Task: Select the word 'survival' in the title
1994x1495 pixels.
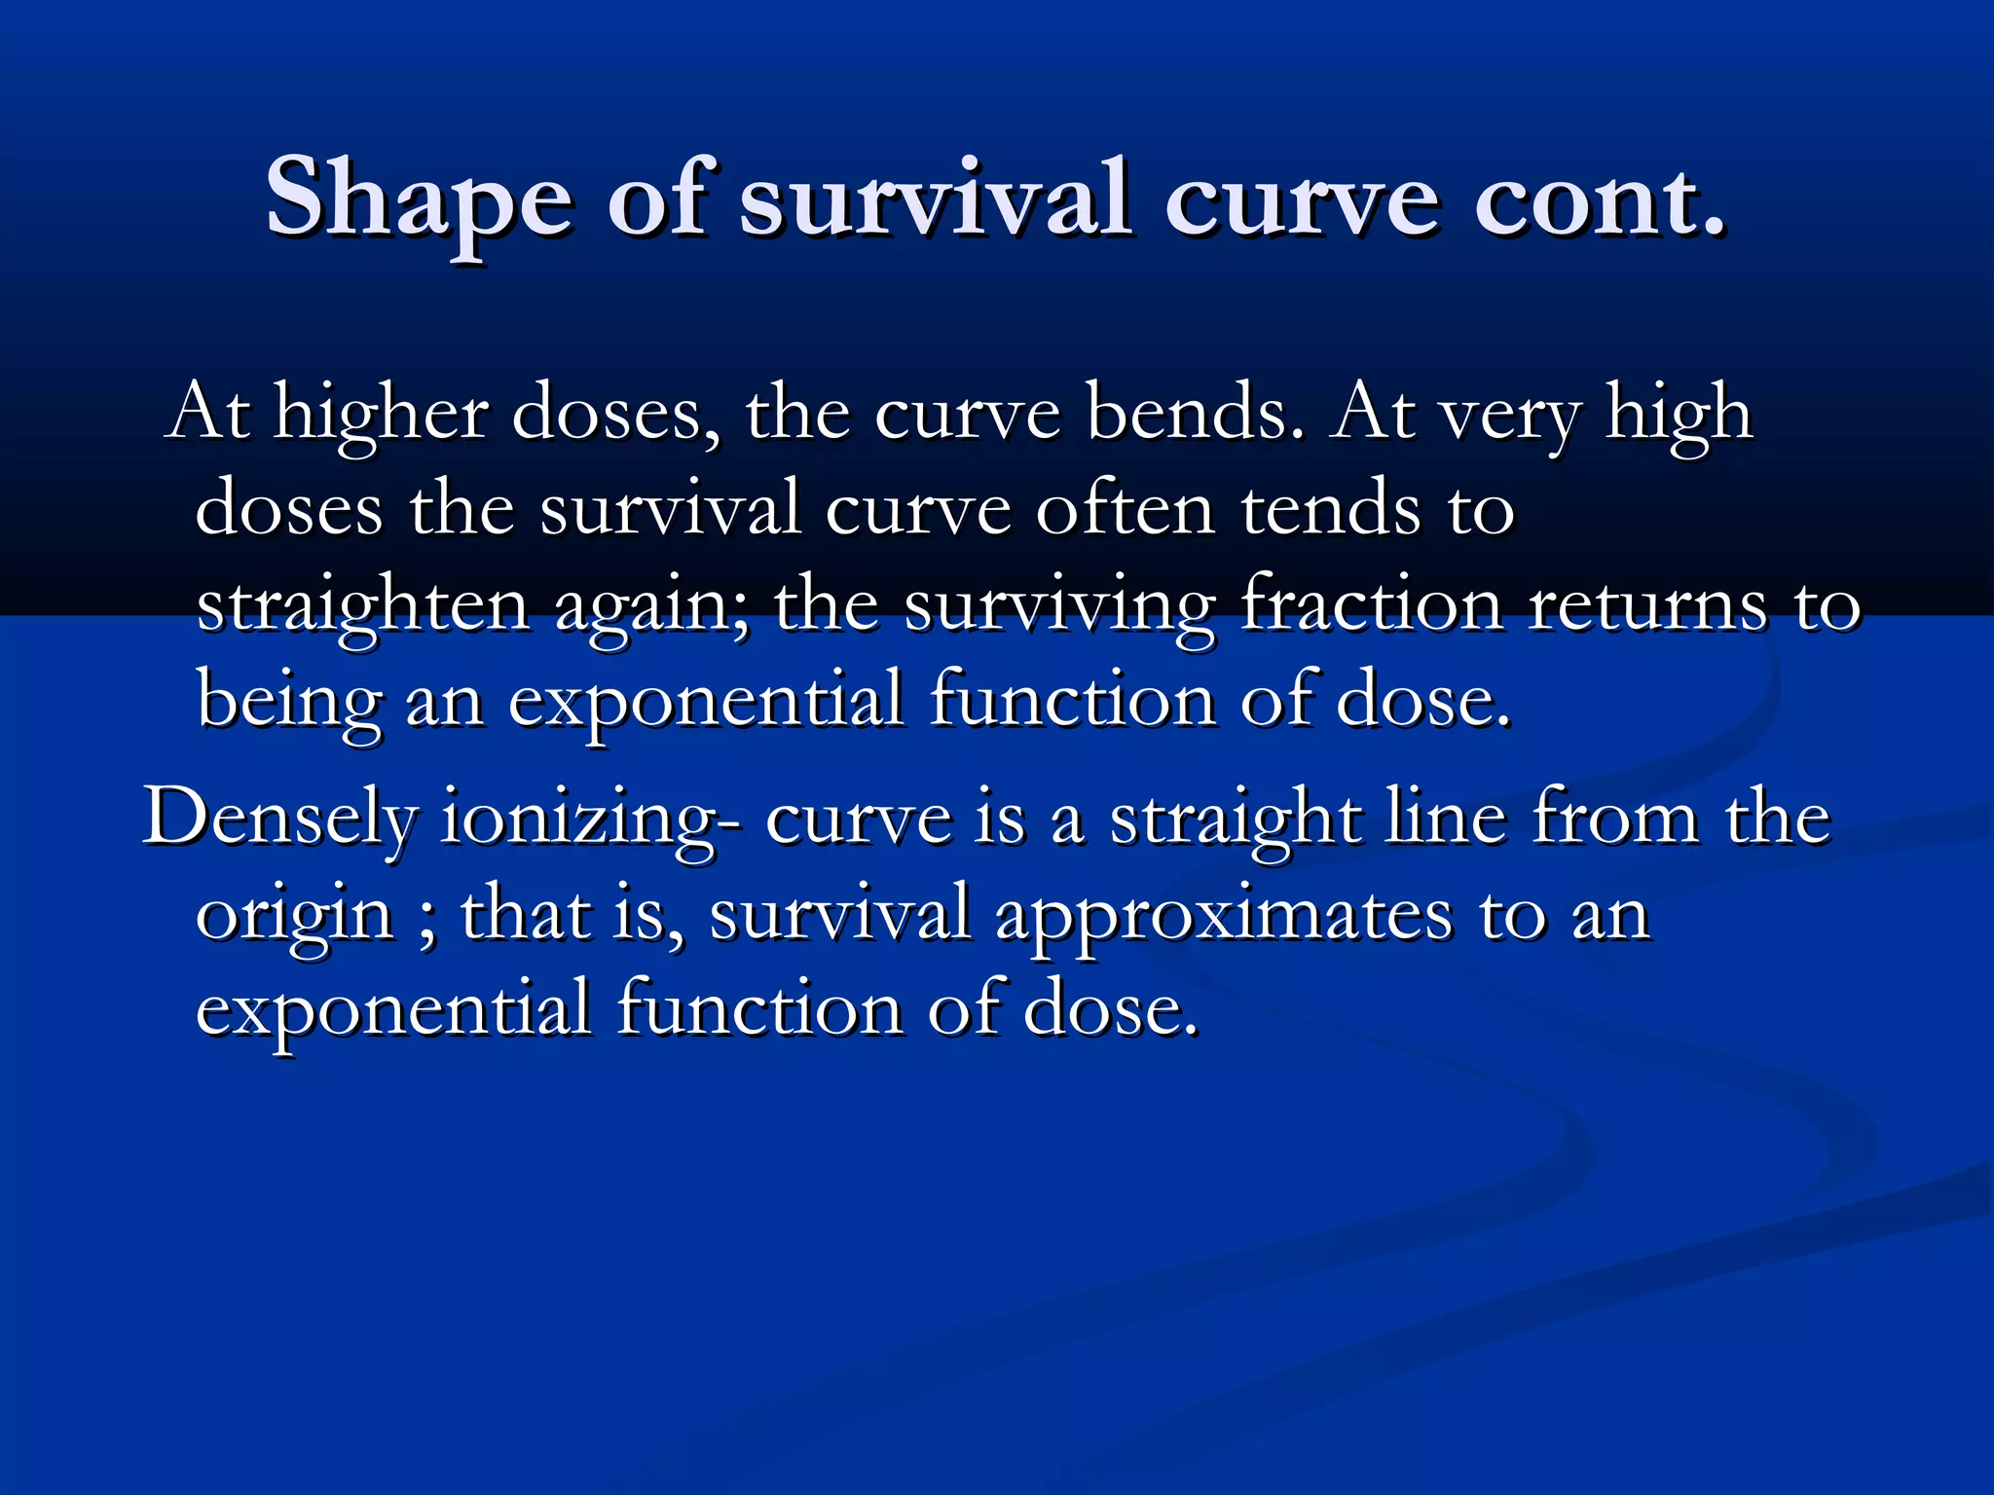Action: click(x=936, y=200)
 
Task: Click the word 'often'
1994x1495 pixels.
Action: click(x=1125, y=509)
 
